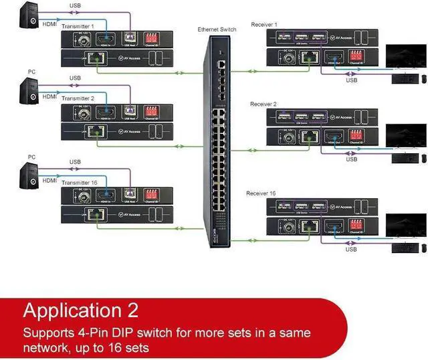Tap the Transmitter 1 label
[79, 26]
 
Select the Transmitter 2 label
[79, 98]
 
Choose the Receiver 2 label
[263, 104]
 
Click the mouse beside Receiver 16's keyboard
[423, 248]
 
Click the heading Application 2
[81, 310]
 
